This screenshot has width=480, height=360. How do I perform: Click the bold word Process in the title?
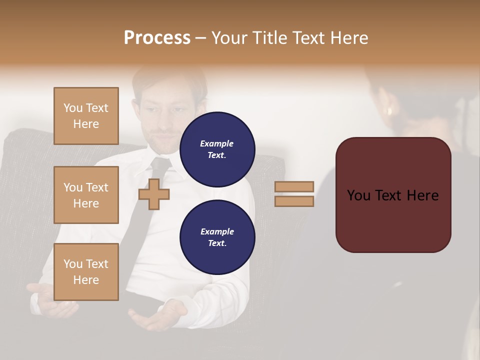pos(157,38)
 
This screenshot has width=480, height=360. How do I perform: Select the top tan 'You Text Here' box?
pos(86,116)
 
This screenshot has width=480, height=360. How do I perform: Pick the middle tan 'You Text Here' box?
pos(86,195)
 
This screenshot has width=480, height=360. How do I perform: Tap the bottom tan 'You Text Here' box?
pos(86,272)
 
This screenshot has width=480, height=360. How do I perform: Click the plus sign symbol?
pos(154,194)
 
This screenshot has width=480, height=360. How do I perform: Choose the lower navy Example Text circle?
pos(217,237)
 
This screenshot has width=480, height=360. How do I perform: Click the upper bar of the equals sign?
pos(294,186)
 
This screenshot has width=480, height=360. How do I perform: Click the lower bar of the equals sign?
pos(294,201)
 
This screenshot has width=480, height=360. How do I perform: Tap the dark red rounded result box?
pos(393,194)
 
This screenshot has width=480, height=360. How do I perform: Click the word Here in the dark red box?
pos(422,195)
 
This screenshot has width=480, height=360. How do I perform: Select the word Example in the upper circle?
pos(217,143)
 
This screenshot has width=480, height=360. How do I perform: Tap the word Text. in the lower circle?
pos(217,243)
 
